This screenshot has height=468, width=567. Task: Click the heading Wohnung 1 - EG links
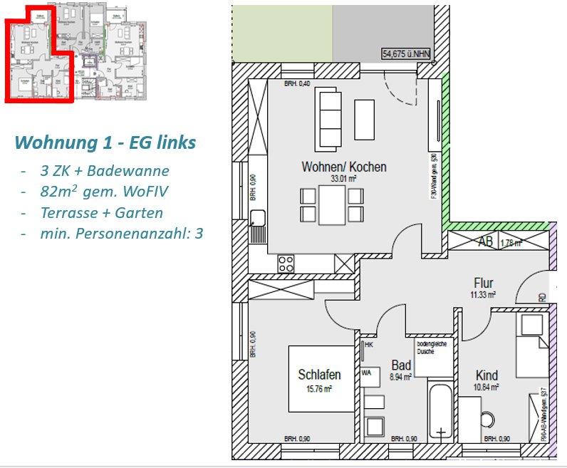(105, 142)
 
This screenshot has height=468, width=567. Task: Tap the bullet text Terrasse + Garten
(102, 212)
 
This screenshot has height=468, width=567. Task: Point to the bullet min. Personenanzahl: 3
(122, 233)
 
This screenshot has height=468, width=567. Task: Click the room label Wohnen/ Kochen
(344, 167)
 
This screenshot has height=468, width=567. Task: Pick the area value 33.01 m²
(344, 180)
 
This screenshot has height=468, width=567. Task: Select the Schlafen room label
(319, 375)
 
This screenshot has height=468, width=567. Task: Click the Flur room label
(483, 283)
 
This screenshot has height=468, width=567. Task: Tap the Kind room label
(487, 375)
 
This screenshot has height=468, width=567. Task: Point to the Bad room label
(401, 365)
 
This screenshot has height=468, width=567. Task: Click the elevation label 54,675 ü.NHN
(407, 53)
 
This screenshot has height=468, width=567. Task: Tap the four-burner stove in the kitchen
(286, 263)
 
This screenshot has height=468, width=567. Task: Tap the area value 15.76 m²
(319, 389)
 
